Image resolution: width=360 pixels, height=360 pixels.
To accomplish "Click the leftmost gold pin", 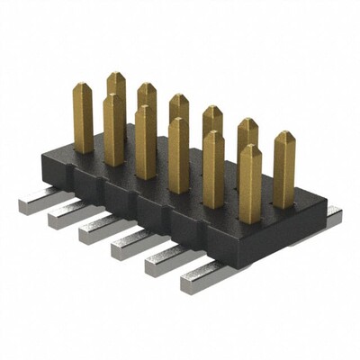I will pos(83,119).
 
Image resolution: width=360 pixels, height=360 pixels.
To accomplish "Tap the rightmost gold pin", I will pos(283,171).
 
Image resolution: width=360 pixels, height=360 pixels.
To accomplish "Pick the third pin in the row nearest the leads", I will pos(145,143).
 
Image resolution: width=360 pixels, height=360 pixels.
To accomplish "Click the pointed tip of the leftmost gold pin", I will pos(83,86).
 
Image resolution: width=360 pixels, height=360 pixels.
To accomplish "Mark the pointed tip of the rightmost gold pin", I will pos(284,135).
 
